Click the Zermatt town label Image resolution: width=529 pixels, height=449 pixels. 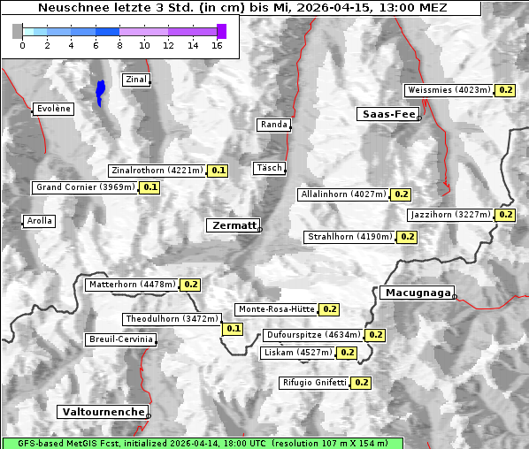point(234,225)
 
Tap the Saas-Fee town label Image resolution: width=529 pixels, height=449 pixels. point(387,114)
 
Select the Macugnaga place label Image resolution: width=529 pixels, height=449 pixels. point(417,293)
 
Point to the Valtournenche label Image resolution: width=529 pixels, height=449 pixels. point(103,412)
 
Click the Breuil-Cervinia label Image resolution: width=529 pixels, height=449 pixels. point(121,339)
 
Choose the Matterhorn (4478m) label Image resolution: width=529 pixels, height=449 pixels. point(131,285)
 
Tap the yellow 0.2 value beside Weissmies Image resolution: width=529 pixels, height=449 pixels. point(506,90)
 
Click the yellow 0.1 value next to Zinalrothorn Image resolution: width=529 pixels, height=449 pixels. point(218,171)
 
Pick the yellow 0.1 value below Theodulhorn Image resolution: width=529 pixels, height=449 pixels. point(233,329)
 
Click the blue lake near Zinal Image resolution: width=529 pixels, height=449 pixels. point(101,92)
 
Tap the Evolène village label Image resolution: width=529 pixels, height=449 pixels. point(53,109)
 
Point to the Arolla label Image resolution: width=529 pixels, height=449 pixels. point(40,221)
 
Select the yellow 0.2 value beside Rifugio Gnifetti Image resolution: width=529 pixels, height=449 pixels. point(361,383)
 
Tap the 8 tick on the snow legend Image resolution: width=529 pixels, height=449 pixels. point(119,45)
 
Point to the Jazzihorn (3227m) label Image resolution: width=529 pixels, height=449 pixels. point(450,215)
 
